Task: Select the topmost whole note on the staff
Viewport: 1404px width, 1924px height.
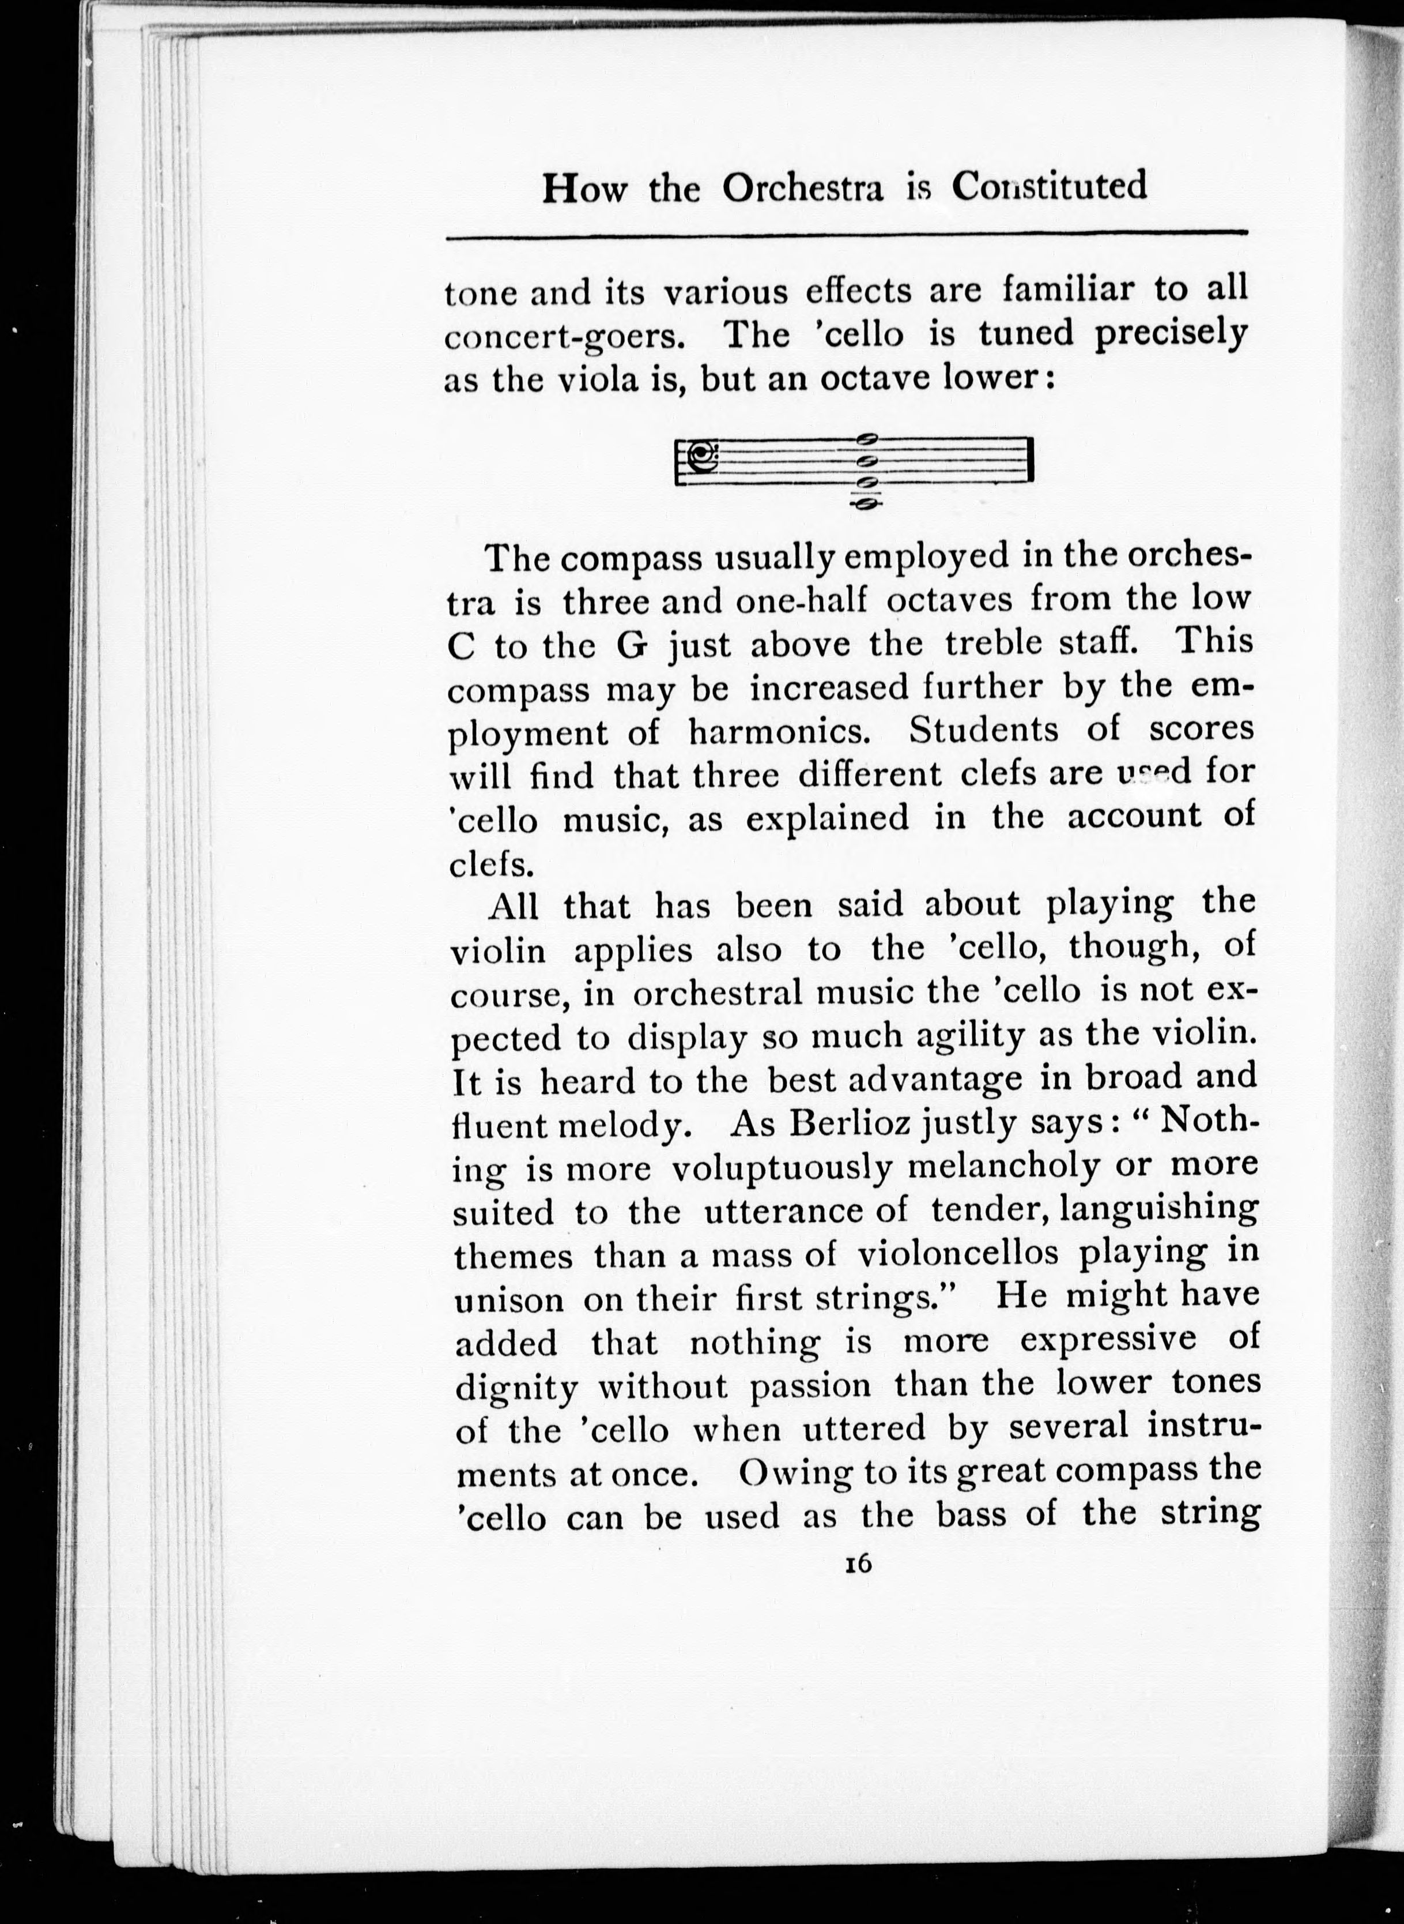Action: (866, 439)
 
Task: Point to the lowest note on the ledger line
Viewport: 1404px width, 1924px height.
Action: (866, 503)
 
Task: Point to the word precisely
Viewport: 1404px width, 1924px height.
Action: (1169, 335)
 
